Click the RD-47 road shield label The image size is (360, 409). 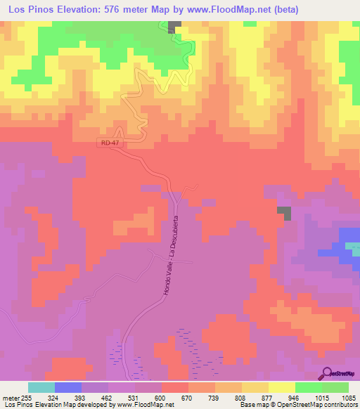point(107,143)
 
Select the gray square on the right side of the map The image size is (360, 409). point(283,212)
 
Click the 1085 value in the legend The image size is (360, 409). point(348,397)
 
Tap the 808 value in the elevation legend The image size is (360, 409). point(242,397)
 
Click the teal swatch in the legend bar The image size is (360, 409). point(41,387)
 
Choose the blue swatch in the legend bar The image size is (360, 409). point(68,387)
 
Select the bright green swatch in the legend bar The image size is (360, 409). point(308,387)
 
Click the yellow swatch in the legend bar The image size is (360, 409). point(281,387)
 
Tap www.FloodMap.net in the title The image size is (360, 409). point(224,10)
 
